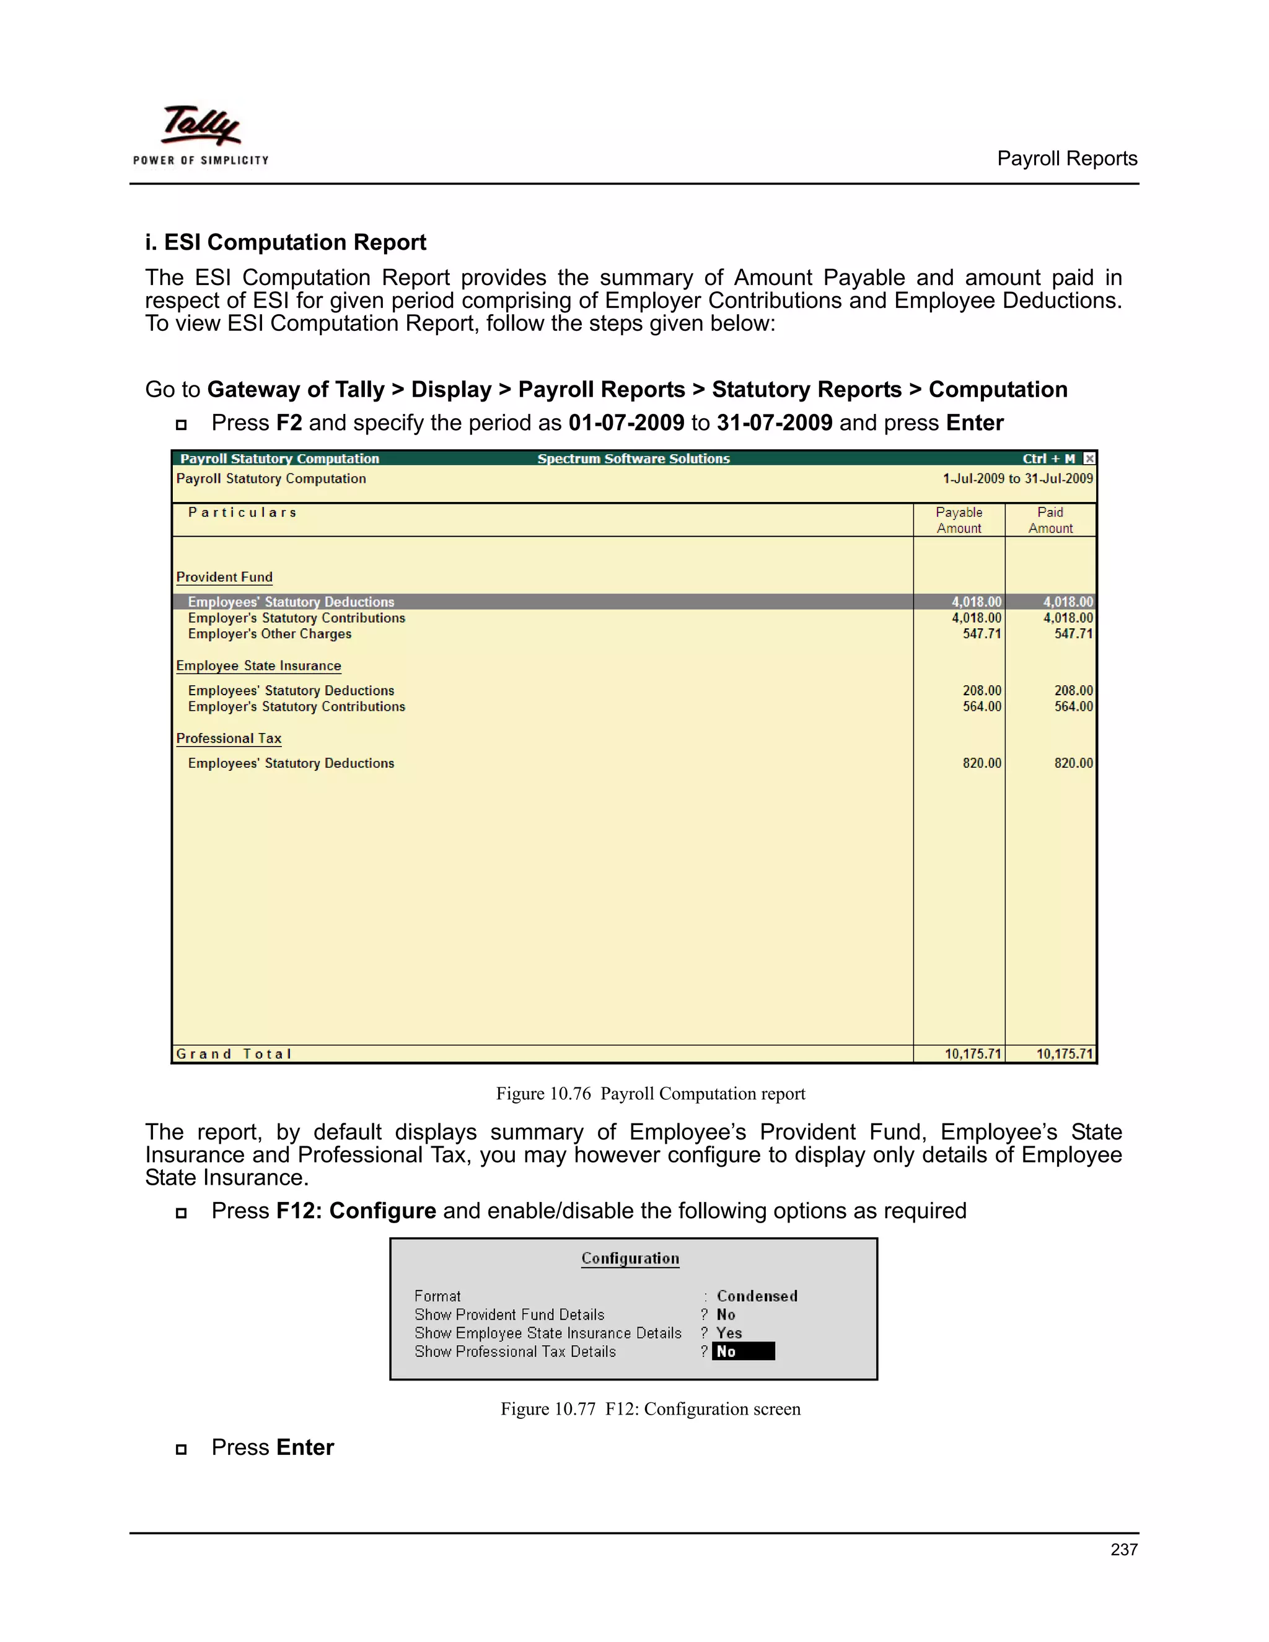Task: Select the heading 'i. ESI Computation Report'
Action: (285, 242)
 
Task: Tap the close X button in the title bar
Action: (1089, 459)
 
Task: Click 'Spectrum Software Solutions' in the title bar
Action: (633, 459)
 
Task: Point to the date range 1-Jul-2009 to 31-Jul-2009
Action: (1017, 479)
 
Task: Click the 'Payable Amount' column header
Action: (959, 520)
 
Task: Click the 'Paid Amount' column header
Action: (1050, 520)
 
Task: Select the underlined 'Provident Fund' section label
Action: (224, 577)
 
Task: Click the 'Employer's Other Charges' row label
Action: (269, 634)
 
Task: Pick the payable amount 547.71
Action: (982, 634)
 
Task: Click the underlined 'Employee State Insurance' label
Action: (258, 665)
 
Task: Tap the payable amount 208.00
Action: (982, 690)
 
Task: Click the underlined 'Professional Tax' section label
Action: (229, 739)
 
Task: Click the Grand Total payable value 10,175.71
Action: (973, 1054)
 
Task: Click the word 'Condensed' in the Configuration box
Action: (757, 1296)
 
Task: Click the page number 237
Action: (1123, 1550)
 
